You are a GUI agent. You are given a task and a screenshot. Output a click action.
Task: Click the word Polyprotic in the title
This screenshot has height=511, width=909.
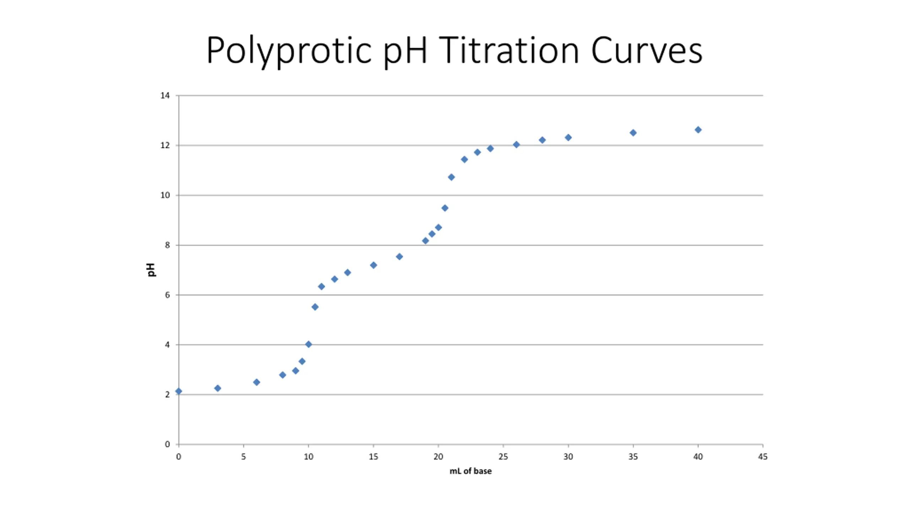pos(288,51)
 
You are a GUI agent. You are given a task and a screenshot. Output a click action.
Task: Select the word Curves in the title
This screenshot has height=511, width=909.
pos(646,51)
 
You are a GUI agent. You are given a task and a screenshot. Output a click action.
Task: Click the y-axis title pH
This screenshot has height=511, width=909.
pos(151,270)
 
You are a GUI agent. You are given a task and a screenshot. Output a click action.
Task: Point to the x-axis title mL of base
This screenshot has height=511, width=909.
pos(470,471)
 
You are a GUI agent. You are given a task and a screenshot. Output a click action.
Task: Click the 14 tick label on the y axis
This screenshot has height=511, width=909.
pos(165,95)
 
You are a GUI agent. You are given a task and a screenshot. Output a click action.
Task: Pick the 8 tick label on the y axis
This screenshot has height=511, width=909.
pos(167,245)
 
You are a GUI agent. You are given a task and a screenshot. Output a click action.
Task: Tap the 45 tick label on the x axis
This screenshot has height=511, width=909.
pos(763,457)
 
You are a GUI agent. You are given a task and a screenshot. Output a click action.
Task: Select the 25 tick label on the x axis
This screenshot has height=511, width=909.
pos(503,457)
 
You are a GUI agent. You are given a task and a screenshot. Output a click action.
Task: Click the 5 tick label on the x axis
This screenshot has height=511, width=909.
pos(244,457)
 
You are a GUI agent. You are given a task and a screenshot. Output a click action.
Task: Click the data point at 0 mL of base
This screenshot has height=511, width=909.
pos(179,391)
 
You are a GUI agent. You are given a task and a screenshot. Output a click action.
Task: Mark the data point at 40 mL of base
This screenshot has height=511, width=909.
pos(698,130)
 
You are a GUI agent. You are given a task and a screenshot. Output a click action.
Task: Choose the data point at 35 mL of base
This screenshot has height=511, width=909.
pos(633,133)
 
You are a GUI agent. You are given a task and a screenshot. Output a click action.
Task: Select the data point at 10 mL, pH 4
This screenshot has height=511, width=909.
pos(309,344)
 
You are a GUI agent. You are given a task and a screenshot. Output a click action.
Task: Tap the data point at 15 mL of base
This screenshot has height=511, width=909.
pos(374,265)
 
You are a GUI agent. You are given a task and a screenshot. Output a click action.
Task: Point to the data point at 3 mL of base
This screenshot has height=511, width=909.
pos(218,388)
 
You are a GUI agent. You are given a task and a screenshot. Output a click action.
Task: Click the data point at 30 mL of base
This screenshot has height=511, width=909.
pos(568,137)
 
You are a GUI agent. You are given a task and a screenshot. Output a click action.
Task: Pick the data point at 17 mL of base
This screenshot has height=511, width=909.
pos(399,257)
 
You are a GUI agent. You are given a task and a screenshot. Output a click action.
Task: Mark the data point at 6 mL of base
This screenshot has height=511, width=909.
pos(257,382)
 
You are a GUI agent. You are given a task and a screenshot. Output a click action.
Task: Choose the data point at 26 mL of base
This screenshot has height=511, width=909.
pos(516,144)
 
